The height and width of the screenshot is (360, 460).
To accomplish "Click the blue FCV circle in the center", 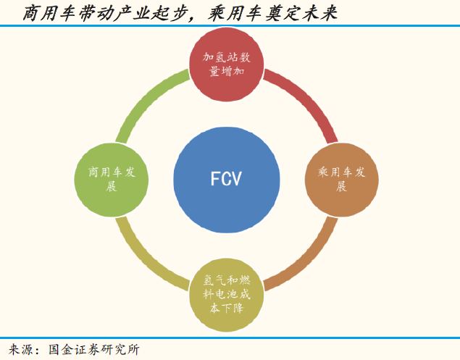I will [x=227, y=179].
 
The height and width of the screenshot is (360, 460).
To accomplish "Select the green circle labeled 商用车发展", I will [x=112, y=179].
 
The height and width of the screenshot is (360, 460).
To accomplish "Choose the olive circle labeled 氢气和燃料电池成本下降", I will [x=227, y=293].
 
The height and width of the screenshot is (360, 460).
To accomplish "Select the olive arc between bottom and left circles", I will [x=148, y=256].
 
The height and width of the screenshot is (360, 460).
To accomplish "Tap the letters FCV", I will [x=226, y=179].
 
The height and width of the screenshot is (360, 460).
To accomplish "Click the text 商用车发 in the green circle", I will [x=112, y=172].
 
